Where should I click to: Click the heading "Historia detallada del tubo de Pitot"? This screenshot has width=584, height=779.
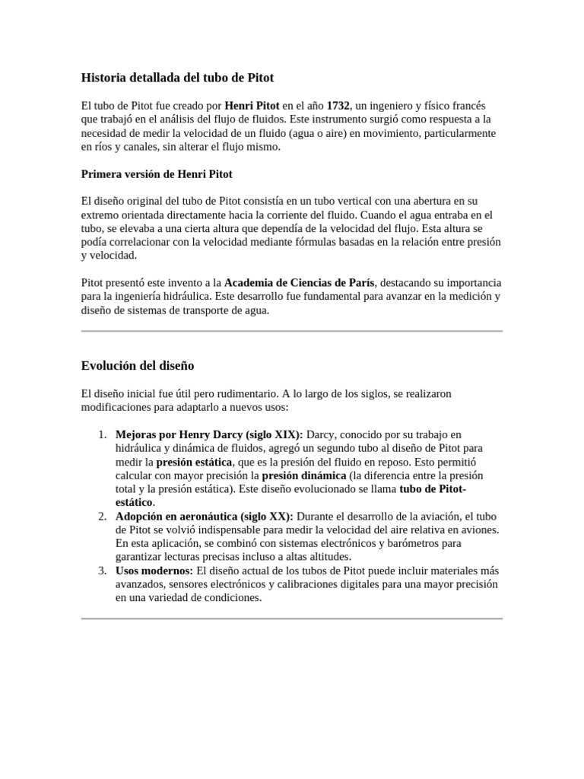pyautogui.click(x=177, y=78)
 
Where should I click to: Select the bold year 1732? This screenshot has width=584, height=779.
pyautogui.click(x=338, y=106)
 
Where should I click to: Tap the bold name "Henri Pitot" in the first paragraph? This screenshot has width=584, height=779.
pyautogui.click(x=252, y=106)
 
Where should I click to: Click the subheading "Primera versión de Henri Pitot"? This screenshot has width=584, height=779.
pyautogui.click(x=157, y=173)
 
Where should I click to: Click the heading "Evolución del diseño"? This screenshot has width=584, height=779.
pyautogui.click(x=138, y=366)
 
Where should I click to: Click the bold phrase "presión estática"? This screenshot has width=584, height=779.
pyautogui.click(x=194, y=462)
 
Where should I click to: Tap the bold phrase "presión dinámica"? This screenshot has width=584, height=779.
pyautogui.click(x=303, y=475)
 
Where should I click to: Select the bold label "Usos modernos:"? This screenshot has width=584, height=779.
pyautogui.click(x=154, y=571)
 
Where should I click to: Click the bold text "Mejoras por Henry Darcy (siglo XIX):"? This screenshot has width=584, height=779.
pyautogui.click(x=209, y=434)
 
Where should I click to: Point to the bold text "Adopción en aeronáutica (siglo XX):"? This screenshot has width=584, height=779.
pyautogui.click(x=205, y=517)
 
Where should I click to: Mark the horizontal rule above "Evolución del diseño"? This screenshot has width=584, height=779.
pyautogui.click(x=292, y=331)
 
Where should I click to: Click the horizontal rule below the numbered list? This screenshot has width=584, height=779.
pyautogui.click(x=292, y=618)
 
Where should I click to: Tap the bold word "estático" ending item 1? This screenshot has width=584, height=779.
pyautogui.click(x=134, y=503)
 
